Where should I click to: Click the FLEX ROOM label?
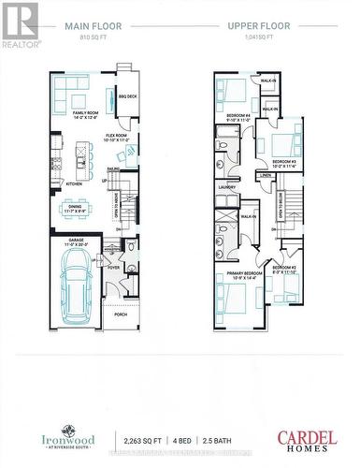tap(116, 137)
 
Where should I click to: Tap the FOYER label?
tap(113, 267)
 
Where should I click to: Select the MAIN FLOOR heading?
tap(93, 28)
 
